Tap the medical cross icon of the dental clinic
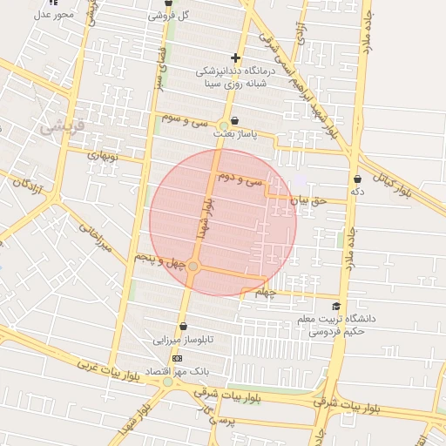[235, 57]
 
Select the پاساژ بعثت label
[235, 136]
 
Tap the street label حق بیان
[307, 200]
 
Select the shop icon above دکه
[357, 179]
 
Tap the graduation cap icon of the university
[336, 307]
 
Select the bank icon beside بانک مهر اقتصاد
[178, 358]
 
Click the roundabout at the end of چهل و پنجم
[193, 266]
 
